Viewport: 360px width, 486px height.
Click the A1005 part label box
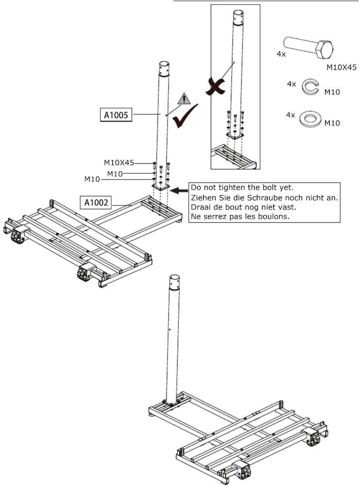point(116,115)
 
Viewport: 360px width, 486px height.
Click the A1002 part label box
point(96,202)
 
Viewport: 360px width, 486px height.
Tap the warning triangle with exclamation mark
point(184,99)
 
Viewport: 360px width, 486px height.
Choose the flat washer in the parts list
point(310,119)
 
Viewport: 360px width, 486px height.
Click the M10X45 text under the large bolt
point(341,67)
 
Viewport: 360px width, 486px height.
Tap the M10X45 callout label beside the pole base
point(119,163)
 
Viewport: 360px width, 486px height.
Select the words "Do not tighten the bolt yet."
point(242,187)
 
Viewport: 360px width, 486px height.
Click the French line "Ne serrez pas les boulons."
point(240,216)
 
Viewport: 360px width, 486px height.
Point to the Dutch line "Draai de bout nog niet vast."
point(243,207)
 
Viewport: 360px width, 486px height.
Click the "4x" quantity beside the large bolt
point(281,54)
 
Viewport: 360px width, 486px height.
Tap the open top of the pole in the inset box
point(238,13)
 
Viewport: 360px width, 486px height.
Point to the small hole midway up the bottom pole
point(170,329)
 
